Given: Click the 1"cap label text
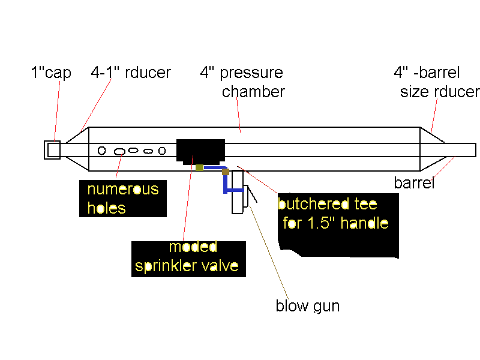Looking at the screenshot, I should coord(50,73).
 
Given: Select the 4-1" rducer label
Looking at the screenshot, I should coord(131,73).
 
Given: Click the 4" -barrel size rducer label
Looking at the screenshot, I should coord(436,83).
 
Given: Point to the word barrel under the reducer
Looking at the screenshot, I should coord(414,182).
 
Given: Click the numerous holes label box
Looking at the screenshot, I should coord(123,199).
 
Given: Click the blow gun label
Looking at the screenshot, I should coord(307,306).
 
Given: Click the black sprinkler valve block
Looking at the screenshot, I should coord(200,150).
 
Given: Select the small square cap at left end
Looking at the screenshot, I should coord(52,149).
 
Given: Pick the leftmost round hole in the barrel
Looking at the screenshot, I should coord(102,150).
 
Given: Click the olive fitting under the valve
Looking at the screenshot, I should coord(200,168).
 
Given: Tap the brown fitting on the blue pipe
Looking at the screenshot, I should coord(226,172).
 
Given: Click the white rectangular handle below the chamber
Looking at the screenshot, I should coord(237,192).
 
